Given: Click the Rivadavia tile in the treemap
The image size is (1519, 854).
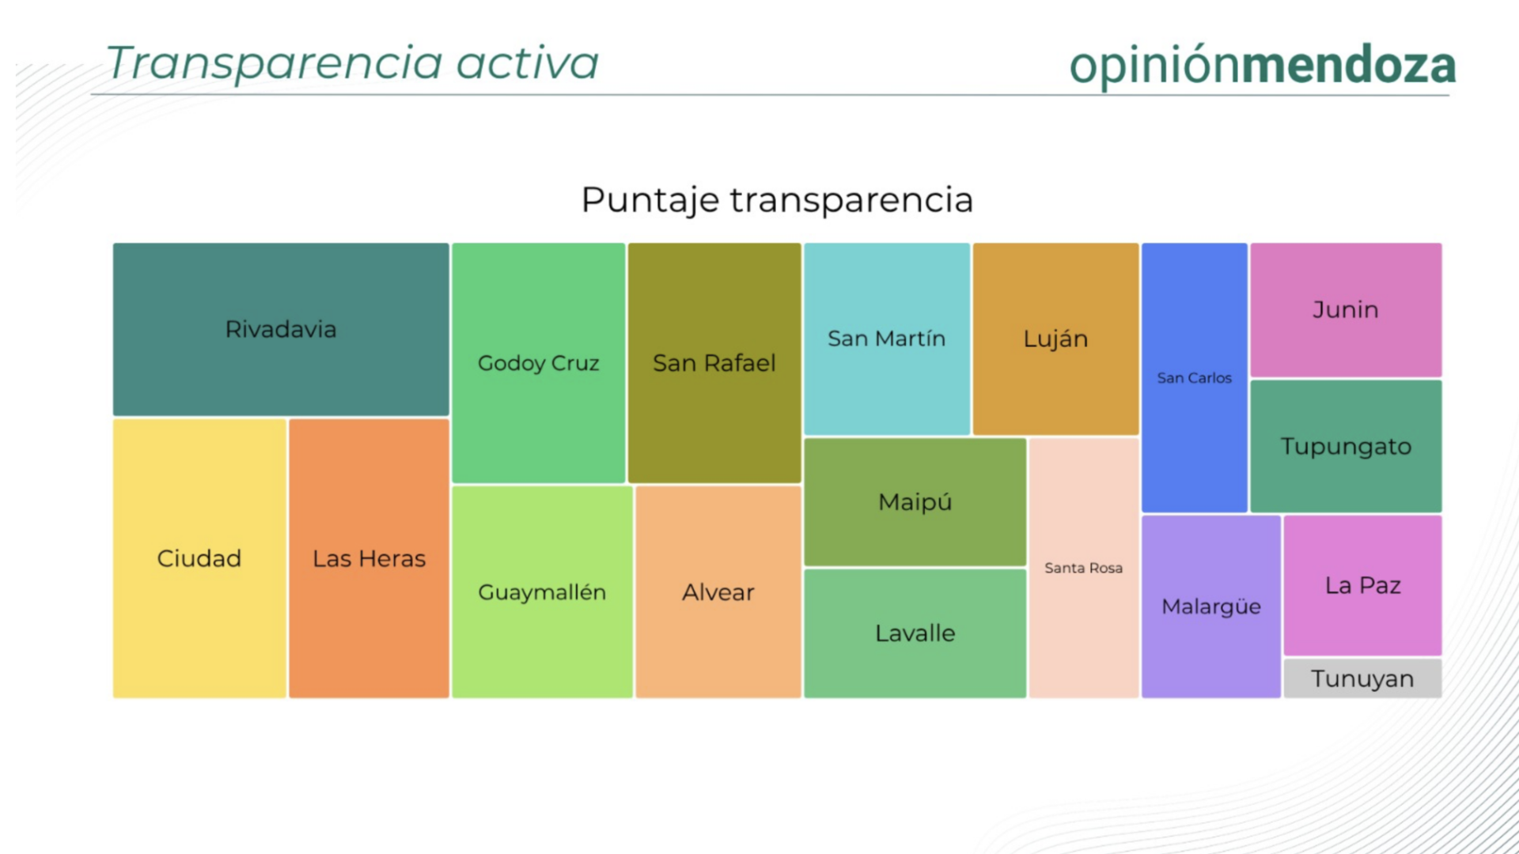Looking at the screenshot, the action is [x=281, y=329].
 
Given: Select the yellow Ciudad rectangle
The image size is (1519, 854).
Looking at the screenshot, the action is [x=199, y=558].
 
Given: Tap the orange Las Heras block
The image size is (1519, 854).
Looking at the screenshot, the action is [x=369, y=558].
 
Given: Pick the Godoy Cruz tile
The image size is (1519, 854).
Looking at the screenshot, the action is [x=539, y=363].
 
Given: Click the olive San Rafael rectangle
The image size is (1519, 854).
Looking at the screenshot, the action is [x=714, y=363].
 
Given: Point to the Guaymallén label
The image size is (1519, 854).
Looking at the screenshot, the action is [x=542, y=592].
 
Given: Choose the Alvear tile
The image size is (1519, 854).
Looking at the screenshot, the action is [x=718, y=592].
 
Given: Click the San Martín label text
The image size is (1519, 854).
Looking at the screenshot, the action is [x=887, y=338].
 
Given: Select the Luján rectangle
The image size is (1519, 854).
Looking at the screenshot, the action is [x=1056, y=339].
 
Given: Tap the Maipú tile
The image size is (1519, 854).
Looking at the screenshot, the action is [x=915, y=502].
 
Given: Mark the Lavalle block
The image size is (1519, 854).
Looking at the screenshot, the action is [x=915, y=633].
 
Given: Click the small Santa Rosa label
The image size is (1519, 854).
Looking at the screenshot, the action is [x=1084, y=568].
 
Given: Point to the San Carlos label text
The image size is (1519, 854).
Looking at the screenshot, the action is [x=1195, y=378].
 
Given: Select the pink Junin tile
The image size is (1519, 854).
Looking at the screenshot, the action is [x=1346, y=310].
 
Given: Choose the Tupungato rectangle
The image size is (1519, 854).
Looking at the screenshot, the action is [x=1346, y=447].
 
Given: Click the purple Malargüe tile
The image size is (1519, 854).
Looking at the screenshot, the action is [x=1211, y=606].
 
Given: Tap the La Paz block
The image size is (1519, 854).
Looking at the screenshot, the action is [x=1363, y=585].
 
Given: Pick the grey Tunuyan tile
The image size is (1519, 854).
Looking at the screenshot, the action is [x=1363, y=678].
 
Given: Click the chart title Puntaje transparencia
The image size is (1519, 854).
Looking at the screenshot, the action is [x=777, y=200].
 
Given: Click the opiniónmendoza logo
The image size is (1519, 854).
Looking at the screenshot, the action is [x=1263, y=65].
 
